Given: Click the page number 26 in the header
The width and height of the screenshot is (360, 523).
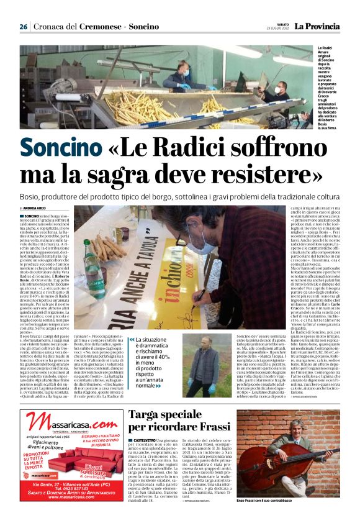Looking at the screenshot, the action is pyautogui.click(x=23, y=27).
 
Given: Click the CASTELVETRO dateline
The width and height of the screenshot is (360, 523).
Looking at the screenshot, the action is pyautogui.click(x=143, y=440).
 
